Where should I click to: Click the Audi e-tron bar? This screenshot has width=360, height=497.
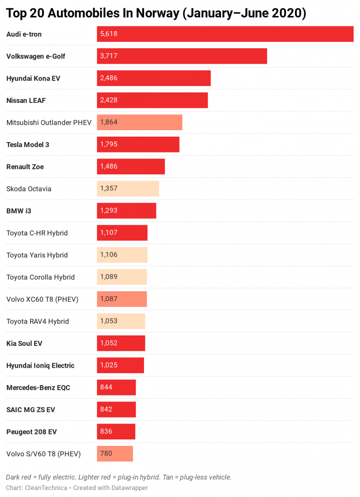(x=225, y=34)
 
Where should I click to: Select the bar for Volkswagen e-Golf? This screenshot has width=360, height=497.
(x=182, y=56)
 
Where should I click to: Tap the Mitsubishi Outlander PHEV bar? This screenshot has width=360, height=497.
(x=140, y=122)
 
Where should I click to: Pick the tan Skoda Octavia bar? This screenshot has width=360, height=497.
(x=128, y=189)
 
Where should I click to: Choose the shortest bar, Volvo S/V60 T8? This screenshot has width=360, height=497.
(x=115, y=454)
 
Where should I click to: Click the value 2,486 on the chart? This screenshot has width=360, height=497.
(x=109, y=78)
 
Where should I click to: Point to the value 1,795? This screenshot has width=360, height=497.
(x=109, y=145)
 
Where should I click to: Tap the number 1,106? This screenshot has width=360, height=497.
(x=109, y=255)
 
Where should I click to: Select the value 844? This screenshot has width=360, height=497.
(x=106, y=387)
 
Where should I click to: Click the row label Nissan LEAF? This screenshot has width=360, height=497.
(x=26, y=100)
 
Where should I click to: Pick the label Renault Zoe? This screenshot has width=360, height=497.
(x=25, y=167)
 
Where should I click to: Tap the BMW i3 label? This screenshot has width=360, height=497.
(x=19, y=211)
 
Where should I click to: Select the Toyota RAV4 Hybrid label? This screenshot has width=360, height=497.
(x=38, y=321)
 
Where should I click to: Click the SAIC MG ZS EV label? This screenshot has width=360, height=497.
(x=31, y=410)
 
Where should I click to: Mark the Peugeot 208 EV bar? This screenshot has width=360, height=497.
(x=116, y=431)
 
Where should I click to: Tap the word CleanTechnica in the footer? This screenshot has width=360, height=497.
(x=46, y=488)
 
